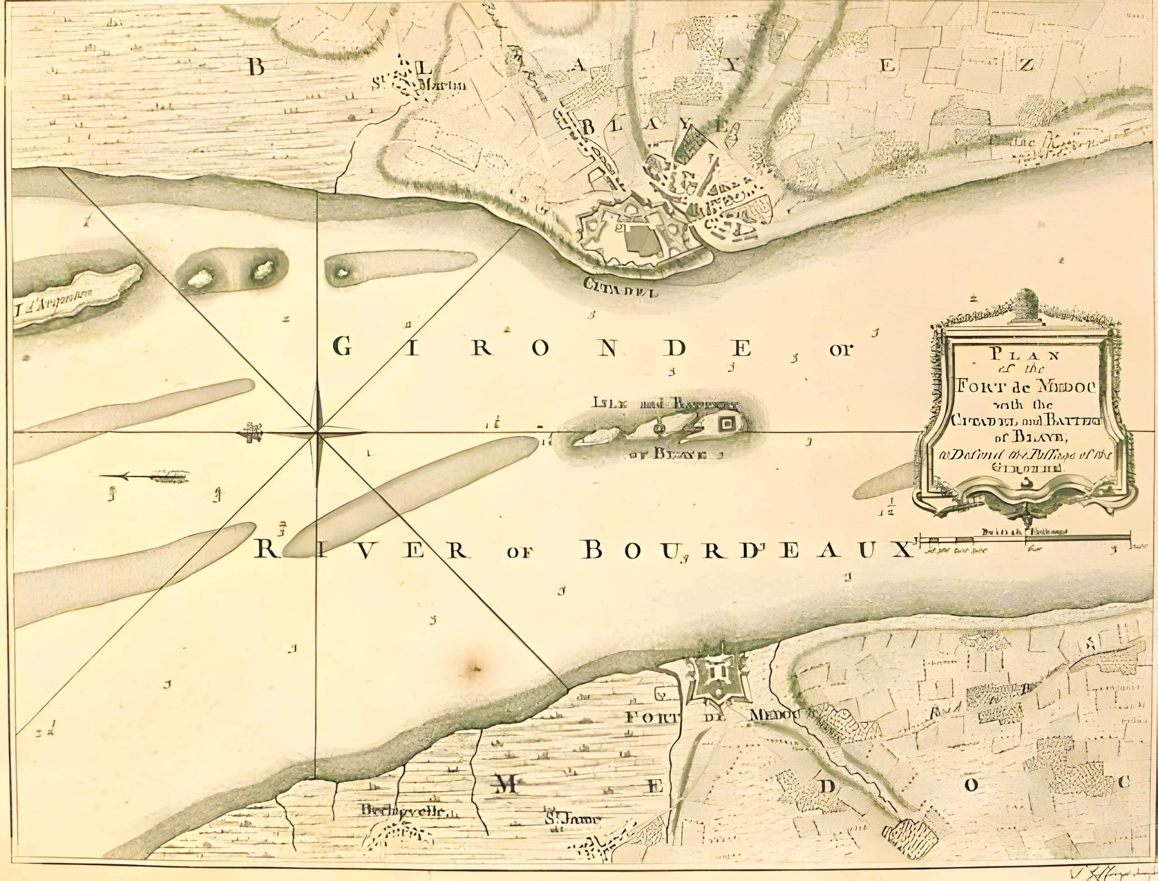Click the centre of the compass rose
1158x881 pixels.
click(x=317, y=433)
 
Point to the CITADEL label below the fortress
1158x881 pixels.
click(x=622, y=287)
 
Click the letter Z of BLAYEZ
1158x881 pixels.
click(x=1026, y=65)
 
